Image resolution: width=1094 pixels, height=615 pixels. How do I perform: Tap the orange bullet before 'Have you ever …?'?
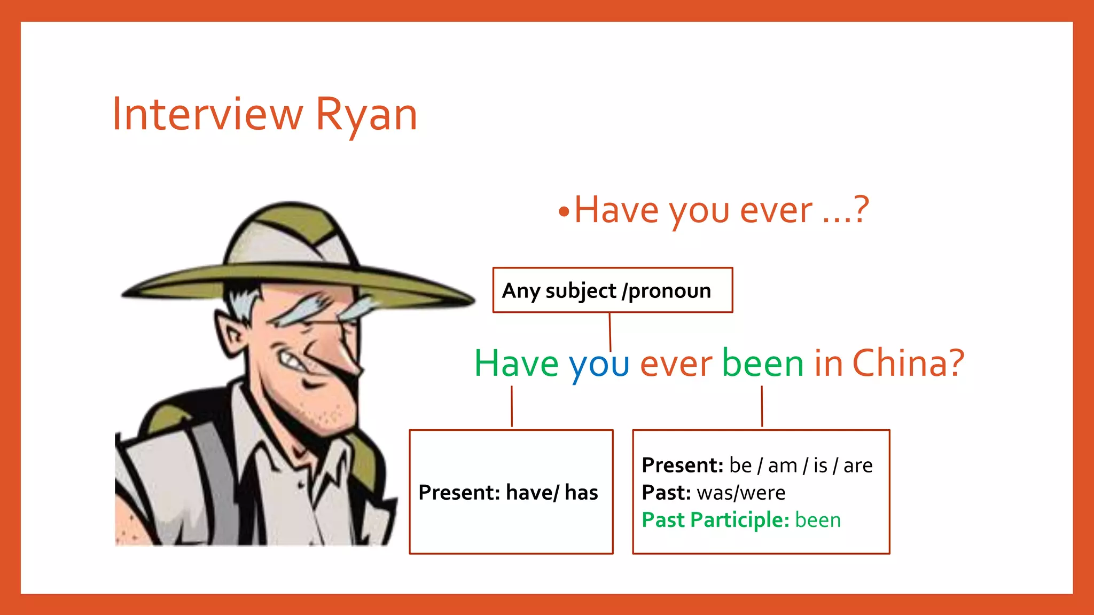[x=564, y=212]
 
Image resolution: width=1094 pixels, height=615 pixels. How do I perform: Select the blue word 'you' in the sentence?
[x=599, y=365]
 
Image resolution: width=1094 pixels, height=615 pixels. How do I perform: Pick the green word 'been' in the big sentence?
[x=763, y=363]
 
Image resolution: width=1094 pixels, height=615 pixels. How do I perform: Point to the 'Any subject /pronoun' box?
[x=612, y=290]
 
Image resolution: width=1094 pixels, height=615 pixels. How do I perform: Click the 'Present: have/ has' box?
[x=511, y=492]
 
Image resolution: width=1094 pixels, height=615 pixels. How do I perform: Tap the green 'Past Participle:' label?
[x=715, y=520]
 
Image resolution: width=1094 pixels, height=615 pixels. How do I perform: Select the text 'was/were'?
[x=741, y=493]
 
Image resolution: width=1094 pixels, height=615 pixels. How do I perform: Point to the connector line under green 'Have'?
[x=512, y=406]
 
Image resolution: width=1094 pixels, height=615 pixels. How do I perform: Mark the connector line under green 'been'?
[x=762, y=406]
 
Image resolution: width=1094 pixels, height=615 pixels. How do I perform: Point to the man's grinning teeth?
[x=292, y=361]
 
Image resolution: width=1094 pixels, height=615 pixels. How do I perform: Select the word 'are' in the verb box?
[x=858, y=466]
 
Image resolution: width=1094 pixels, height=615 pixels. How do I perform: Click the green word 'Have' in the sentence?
[x=517, y=363]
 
